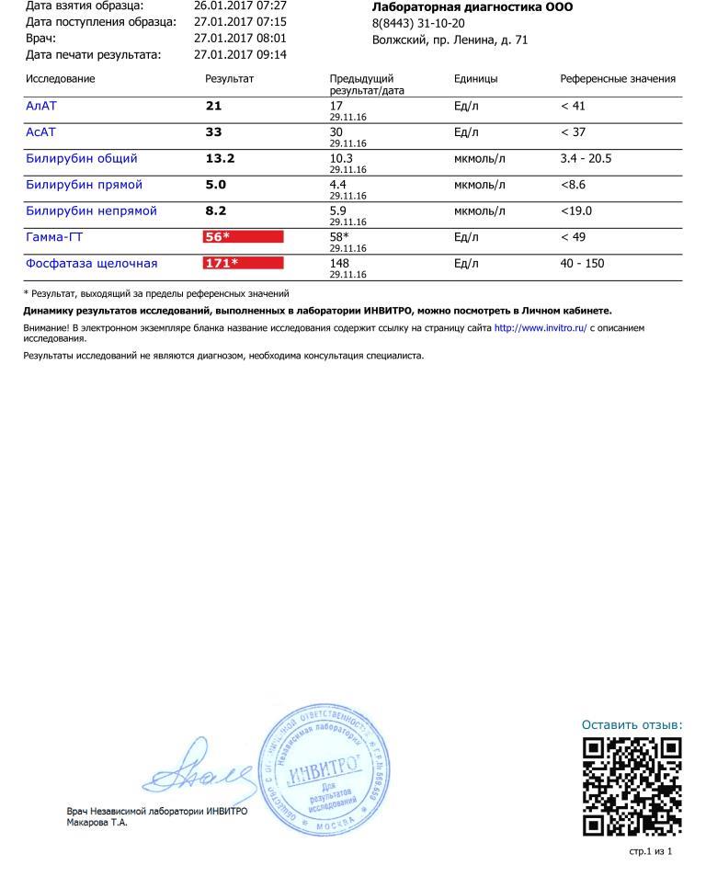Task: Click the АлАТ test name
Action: tap(41, 106)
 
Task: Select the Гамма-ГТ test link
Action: tap(54, 237)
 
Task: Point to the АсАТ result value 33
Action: tap(213, 132)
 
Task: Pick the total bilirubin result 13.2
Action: tap(220, 158)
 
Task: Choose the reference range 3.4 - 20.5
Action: tap(586, 158)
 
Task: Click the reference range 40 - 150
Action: tap(582, 264)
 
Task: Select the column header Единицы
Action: tap(475, 79)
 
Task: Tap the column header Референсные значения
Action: tap(618, 79)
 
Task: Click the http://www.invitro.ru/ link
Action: tap(541, 327)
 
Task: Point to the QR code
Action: tap(632, 786)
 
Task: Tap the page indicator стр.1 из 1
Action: tap(651, 851)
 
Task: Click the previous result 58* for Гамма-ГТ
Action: tap(339, 237)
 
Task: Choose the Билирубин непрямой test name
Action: tap(91, 211)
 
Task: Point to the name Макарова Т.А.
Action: tap(97, 822)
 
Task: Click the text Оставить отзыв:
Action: tap(632, 725)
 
